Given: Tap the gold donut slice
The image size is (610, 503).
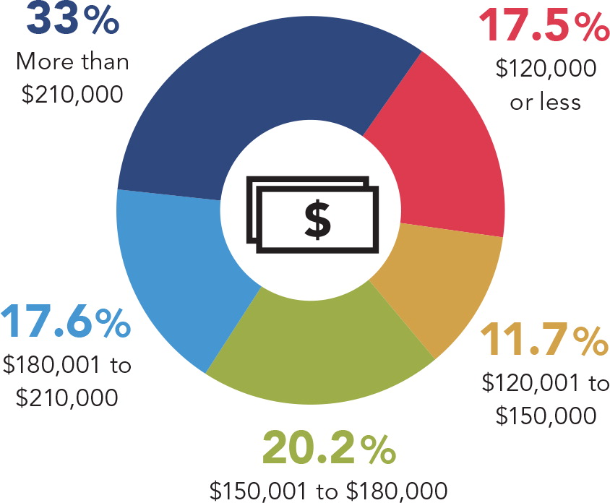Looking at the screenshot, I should point(434,289).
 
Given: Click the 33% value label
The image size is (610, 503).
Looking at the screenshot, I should point(72,20).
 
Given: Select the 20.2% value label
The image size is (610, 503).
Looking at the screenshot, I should point(329,447).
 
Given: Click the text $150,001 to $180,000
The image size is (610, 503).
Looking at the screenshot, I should point(329,489).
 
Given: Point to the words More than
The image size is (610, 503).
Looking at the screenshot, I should point(72,61).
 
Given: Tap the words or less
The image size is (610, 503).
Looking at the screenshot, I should point(545,102).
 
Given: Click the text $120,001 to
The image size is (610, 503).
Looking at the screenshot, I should point(546,382).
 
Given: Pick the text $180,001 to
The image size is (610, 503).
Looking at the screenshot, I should point(66,365).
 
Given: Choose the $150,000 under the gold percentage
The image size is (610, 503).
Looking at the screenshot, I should point(546,416).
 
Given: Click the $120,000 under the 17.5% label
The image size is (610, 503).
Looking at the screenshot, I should point(546,69).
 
